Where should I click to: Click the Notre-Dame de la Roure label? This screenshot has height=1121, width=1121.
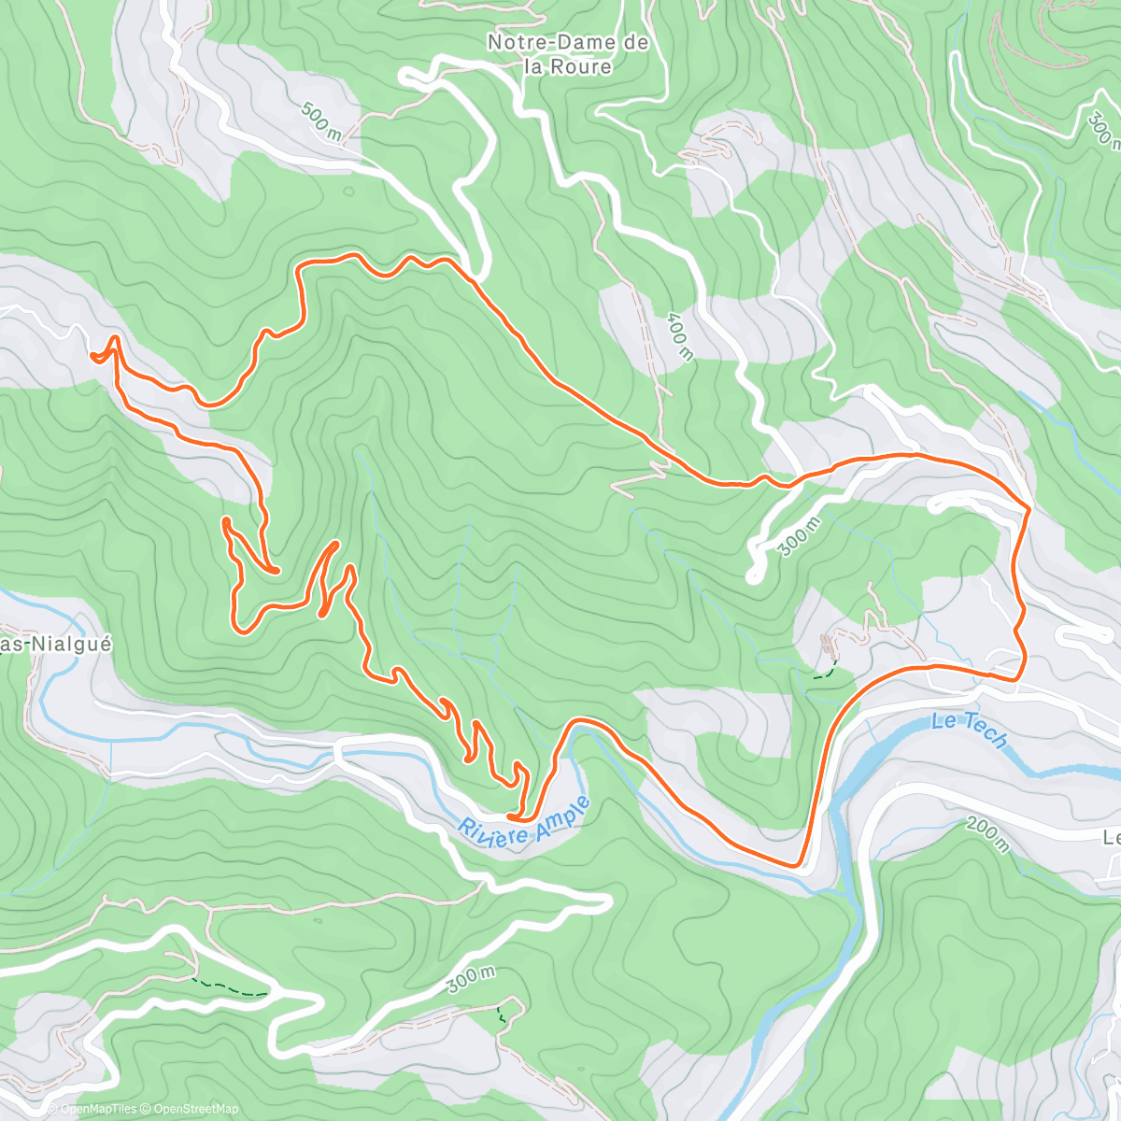(567, 54)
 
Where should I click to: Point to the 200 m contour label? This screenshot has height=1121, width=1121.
(987, 833)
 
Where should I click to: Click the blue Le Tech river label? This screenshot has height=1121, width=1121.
(971, 730)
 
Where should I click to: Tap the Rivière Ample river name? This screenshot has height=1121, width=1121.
(524, 822)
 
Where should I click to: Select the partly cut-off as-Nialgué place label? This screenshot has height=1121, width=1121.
(56, 645)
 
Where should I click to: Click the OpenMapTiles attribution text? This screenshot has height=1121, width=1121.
(98, 1109)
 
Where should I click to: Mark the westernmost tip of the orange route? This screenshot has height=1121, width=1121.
(92, 355)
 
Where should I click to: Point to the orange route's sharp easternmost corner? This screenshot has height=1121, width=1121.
(1029, 510)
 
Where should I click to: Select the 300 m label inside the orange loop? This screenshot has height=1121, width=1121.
(800, 535)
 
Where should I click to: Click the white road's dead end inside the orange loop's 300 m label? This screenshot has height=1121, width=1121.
(753, 576)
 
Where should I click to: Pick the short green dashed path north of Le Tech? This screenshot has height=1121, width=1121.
(824, 670)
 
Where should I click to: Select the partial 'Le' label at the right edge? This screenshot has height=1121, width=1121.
(1111, 837)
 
